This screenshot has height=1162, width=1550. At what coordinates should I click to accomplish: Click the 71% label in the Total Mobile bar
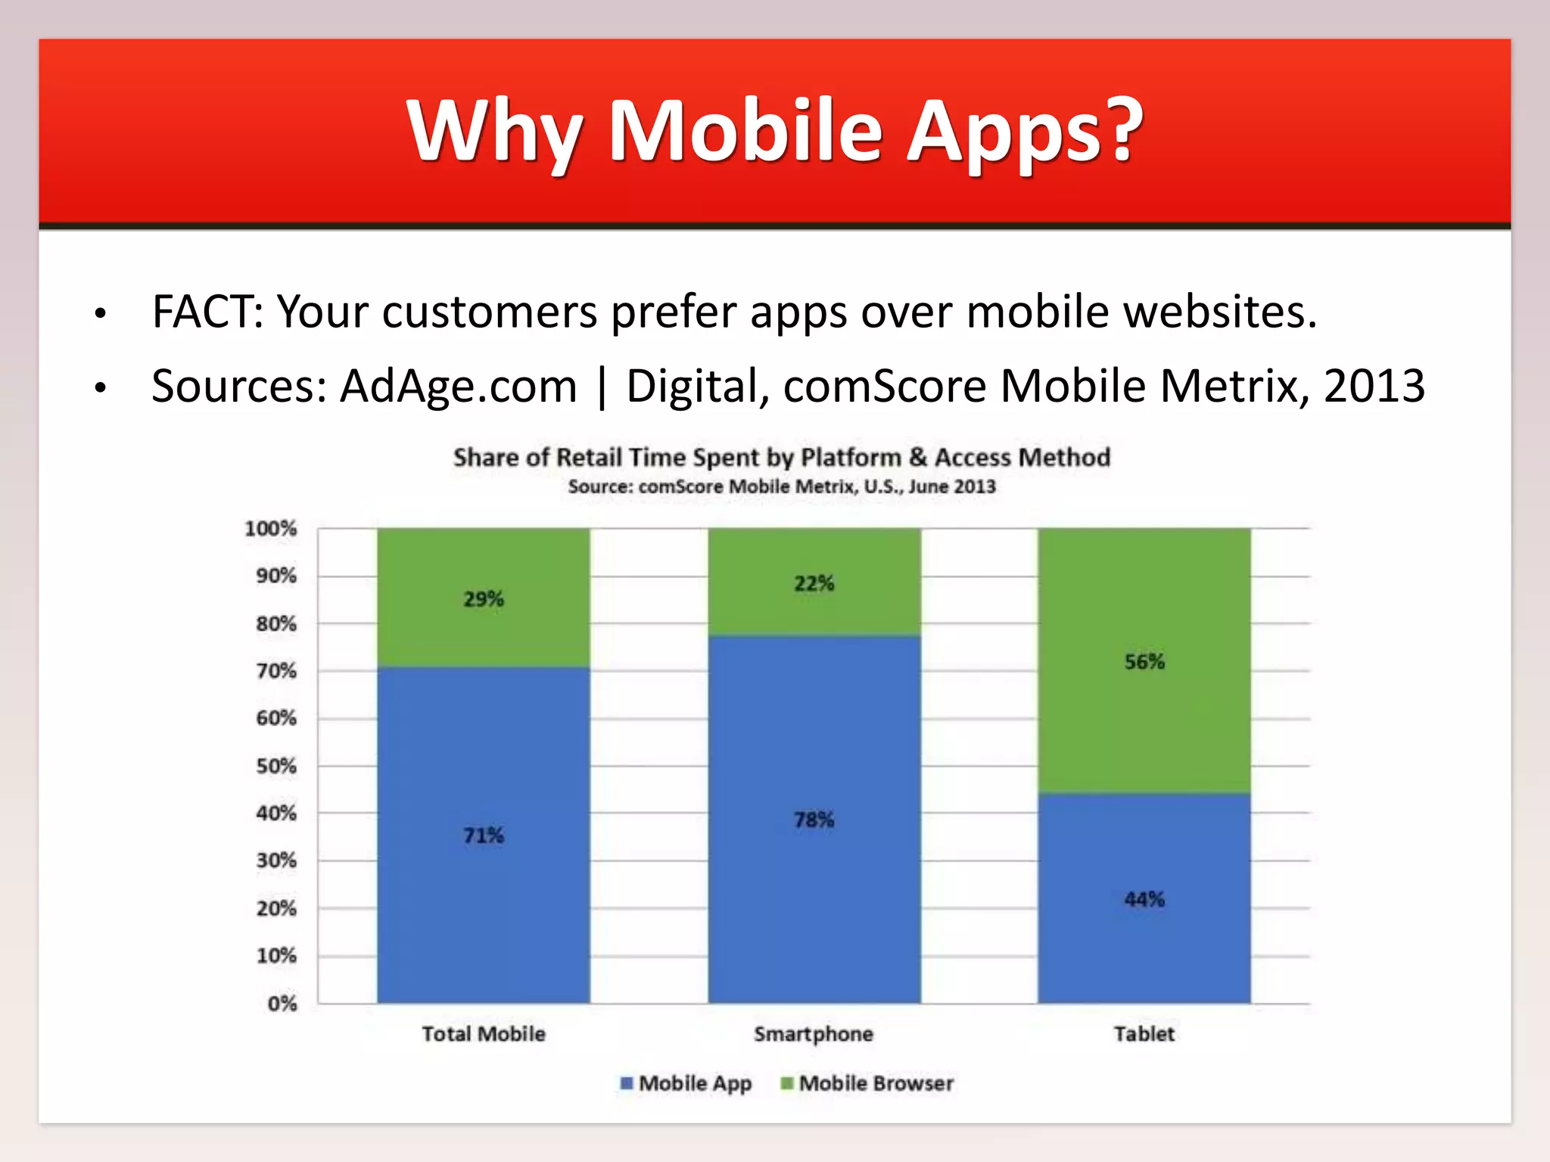pyautogui.click(x=484, y=836)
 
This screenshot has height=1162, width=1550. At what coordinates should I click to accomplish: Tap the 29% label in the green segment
pyautogui.click(x=484, y=599)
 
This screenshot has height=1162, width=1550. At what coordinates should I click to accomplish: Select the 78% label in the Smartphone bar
pyautogui.click(x=814, y=820)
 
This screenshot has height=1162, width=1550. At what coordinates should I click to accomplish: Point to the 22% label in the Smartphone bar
pyautogui.click(x=814, y=583)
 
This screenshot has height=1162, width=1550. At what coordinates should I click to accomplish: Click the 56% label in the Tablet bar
pyautogui.click(x=1144, y=662)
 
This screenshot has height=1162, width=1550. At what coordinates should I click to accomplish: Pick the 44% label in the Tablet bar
pyautogui.click(x=1144, y=899)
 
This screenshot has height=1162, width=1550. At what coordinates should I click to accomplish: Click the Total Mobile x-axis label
pyautogui.click(x=484, y=1034)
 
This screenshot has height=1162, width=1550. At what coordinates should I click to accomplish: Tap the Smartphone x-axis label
pyautogui.click(x=814, y=1034)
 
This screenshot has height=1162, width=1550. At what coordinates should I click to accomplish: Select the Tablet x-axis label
pyautogui.click(x=1144, y=1034)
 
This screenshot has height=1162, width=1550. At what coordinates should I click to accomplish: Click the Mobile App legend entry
pyautogui.click(x=686, y=1083)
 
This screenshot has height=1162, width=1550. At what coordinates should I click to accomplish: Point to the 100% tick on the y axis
pyautogui.click(x=270, y=529)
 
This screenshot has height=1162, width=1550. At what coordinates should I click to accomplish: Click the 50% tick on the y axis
pyautogui.click(x=276, y=766)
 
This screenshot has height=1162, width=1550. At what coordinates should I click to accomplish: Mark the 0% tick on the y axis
pyautogui.click(x=282, y=1004)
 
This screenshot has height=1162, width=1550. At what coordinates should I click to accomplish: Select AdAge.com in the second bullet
pyautogui.click(x=458, y=386)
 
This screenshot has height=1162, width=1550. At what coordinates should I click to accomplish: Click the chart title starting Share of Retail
pyautogui.click(x=782, y=458)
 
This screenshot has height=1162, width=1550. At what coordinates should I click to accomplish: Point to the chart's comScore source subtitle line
pyautogui.click(x=782, y=486)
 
